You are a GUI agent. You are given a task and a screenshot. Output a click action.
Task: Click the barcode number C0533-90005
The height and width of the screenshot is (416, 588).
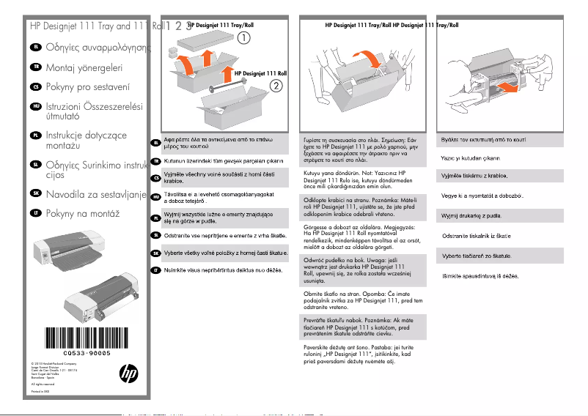[81, 353]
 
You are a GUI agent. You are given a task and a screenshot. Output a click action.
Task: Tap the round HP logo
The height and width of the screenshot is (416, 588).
[128, 374]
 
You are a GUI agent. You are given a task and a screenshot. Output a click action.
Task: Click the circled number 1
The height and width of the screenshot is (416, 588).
[243, 37]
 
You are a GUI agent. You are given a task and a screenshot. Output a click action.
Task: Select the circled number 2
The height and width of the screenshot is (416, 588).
[276, 85]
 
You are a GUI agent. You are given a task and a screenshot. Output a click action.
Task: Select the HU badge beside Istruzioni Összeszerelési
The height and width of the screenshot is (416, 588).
[35, 107]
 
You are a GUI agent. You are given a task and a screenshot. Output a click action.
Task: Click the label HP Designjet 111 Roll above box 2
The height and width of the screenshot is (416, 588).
[260, 74]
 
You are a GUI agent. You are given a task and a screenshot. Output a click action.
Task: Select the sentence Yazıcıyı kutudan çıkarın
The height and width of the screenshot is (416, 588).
[470, 157]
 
